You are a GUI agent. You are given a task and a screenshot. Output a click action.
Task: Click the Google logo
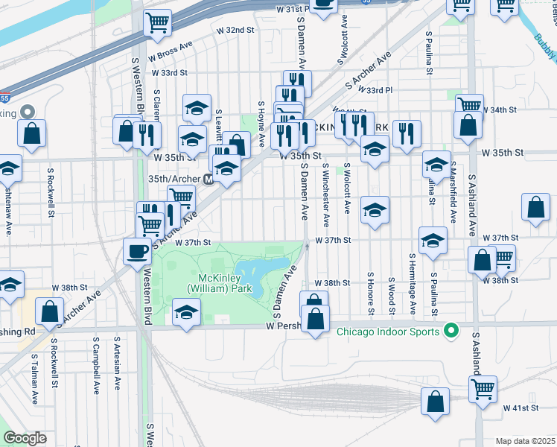(x=25, y=438)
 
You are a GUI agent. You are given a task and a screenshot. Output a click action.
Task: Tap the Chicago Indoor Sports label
(x=389, y=331)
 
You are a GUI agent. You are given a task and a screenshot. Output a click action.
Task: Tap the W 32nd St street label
(x=235, y=30)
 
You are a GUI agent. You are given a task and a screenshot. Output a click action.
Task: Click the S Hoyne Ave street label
(x=261, y=124)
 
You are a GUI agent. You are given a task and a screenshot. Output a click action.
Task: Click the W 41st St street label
(x=519, y=408)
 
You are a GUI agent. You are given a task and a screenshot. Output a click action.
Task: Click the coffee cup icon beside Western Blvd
(x=137, y=252)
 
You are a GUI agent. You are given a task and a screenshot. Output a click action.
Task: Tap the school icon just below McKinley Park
(x=186, y=313)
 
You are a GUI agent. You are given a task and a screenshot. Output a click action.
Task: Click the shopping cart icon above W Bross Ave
(x=157, y=24)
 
